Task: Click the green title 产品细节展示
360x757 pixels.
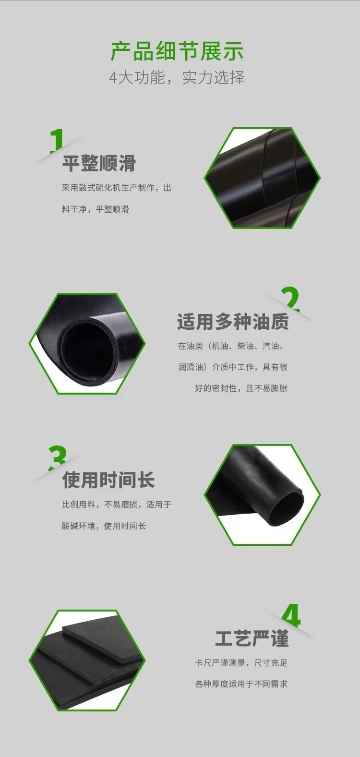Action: pos(177,52)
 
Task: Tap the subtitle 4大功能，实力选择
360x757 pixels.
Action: pos(177,77)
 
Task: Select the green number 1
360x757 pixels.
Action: pos(57,140)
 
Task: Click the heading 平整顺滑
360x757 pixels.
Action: pos(99,163)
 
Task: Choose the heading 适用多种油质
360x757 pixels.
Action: pos(233,322)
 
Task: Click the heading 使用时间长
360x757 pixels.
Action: pos(108,480)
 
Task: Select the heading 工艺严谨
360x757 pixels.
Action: pos(252,638)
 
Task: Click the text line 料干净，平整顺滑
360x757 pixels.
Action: pos(96,209)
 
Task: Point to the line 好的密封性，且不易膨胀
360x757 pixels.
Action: pos(241,388)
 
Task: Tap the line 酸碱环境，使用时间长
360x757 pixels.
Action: pos(104,526)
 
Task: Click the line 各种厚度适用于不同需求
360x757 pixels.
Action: pos(241,684)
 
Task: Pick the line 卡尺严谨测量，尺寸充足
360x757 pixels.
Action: pos(241,663)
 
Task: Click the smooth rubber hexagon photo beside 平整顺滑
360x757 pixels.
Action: pos(262,178)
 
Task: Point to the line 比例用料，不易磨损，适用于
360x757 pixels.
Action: pos(117,505)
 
